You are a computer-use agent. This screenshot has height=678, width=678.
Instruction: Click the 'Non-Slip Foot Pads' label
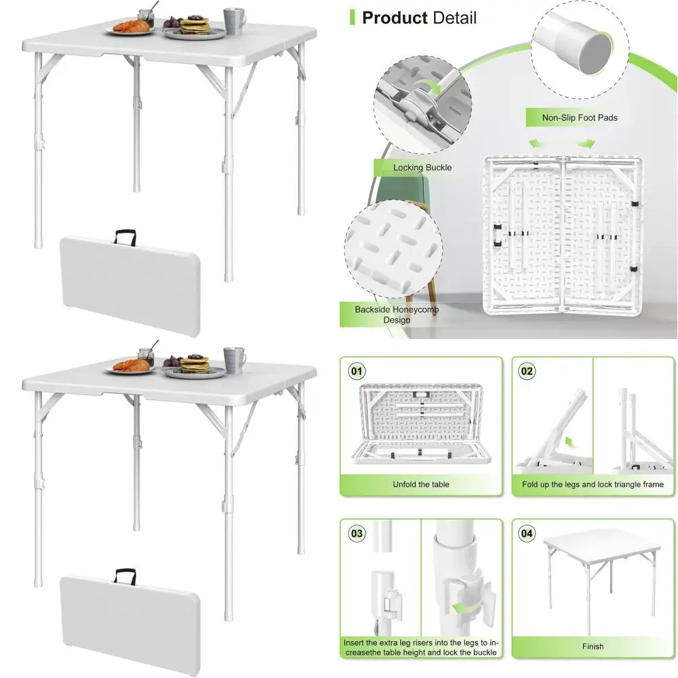pos(580,118)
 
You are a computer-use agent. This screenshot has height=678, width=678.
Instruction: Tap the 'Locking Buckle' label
pos(422,167)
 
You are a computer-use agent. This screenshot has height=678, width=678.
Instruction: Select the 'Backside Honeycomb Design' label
pos(397,315)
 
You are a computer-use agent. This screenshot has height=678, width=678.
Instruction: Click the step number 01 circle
pos(357,371)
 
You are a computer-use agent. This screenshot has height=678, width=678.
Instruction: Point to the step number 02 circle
pos(526,371)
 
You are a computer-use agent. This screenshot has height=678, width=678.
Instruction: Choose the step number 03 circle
pos(357,534)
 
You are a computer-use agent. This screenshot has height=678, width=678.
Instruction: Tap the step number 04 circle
pos(526,534)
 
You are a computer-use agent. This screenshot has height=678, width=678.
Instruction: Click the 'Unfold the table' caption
pos(421,485)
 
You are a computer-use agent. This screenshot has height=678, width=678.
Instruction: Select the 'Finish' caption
pos(593,647)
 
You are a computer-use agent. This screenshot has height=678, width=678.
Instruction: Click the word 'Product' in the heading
pos(395,18)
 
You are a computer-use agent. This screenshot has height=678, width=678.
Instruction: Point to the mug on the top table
pos(235,20)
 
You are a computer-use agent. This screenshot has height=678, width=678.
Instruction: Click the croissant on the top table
pos(132,27)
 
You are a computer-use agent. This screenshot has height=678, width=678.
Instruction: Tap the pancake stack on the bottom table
pos(195,364)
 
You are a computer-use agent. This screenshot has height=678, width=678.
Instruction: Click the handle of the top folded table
pos(126,236)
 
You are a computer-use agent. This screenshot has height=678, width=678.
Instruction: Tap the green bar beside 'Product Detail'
pos(352,18)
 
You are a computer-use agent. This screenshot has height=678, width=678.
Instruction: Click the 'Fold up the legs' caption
pos(593,485)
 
